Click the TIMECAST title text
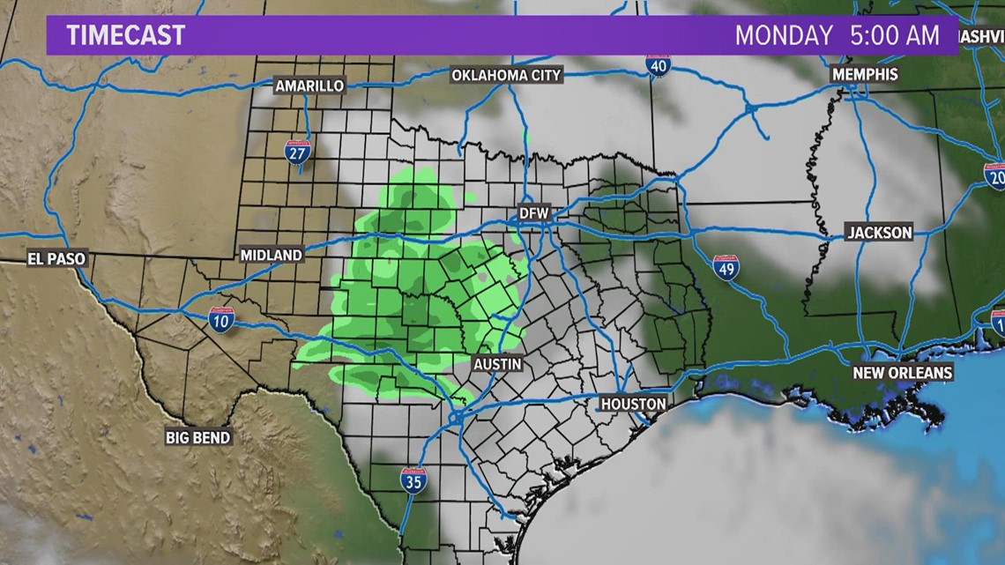point(126,35)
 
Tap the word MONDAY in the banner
point(784,35)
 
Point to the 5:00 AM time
point(892,35)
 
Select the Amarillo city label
point(309,85)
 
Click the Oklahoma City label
point(506,75)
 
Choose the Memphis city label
point(865,74)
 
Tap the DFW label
point(533,213)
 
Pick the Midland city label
point(272,255)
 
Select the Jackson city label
point(879,233)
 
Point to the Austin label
point(497,363)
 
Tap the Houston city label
point(633,404)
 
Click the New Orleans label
point(902,373)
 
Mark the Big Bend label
point(198,436)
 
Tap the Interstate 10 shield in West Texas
point(220,319)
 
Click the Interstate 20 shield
point(996,176)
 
